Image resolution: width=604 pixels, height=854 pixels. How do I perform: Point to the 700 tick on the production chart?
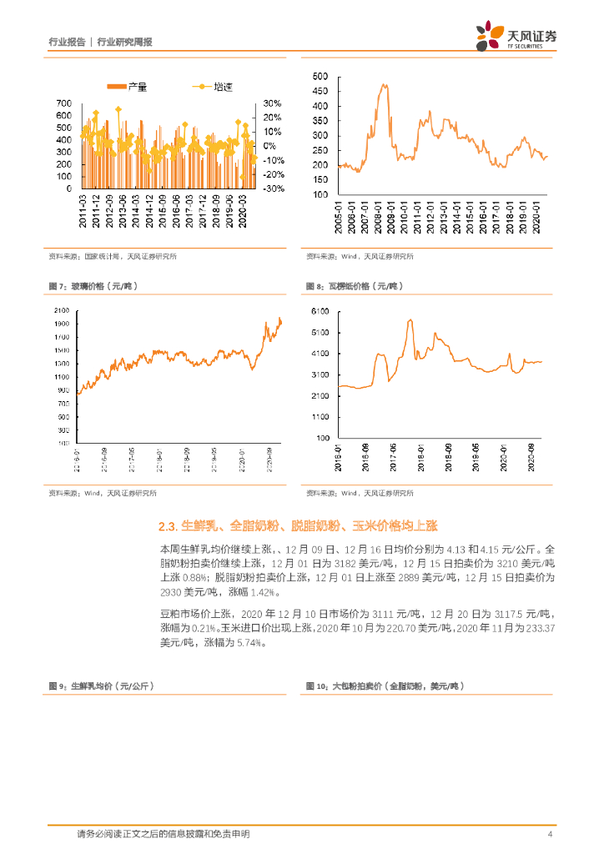(63, 103)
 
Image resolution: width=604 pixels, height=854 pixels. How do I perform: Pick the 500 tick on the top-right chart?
(320, 76)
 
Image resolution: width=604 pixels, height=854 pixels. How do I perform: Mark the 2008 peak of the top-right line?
(383, 84)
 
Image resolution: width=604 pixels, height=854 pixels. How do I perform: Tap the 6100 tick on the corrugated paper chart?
(321, 311)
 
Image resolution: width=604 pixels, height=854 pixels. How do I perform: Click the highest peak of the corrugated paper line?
(410, 320)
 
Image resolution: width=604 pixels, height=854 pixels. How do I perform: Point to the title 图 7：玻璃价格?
(93, 286)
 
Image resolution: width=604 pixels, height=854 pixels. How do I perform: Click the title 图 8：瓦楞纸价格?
(355, 286)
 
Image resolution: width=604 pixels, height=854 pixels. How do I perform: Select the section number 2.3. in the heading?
(169, 526)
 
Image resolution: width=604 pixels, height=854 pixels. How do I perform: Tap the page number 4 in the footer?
(550, 835)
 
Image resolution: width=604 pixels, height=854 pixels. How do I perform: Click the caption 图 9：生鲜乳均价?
(101, 686)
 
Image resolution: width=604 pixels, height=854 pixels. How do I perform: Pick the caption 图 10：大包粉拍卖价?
(385, 686)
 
